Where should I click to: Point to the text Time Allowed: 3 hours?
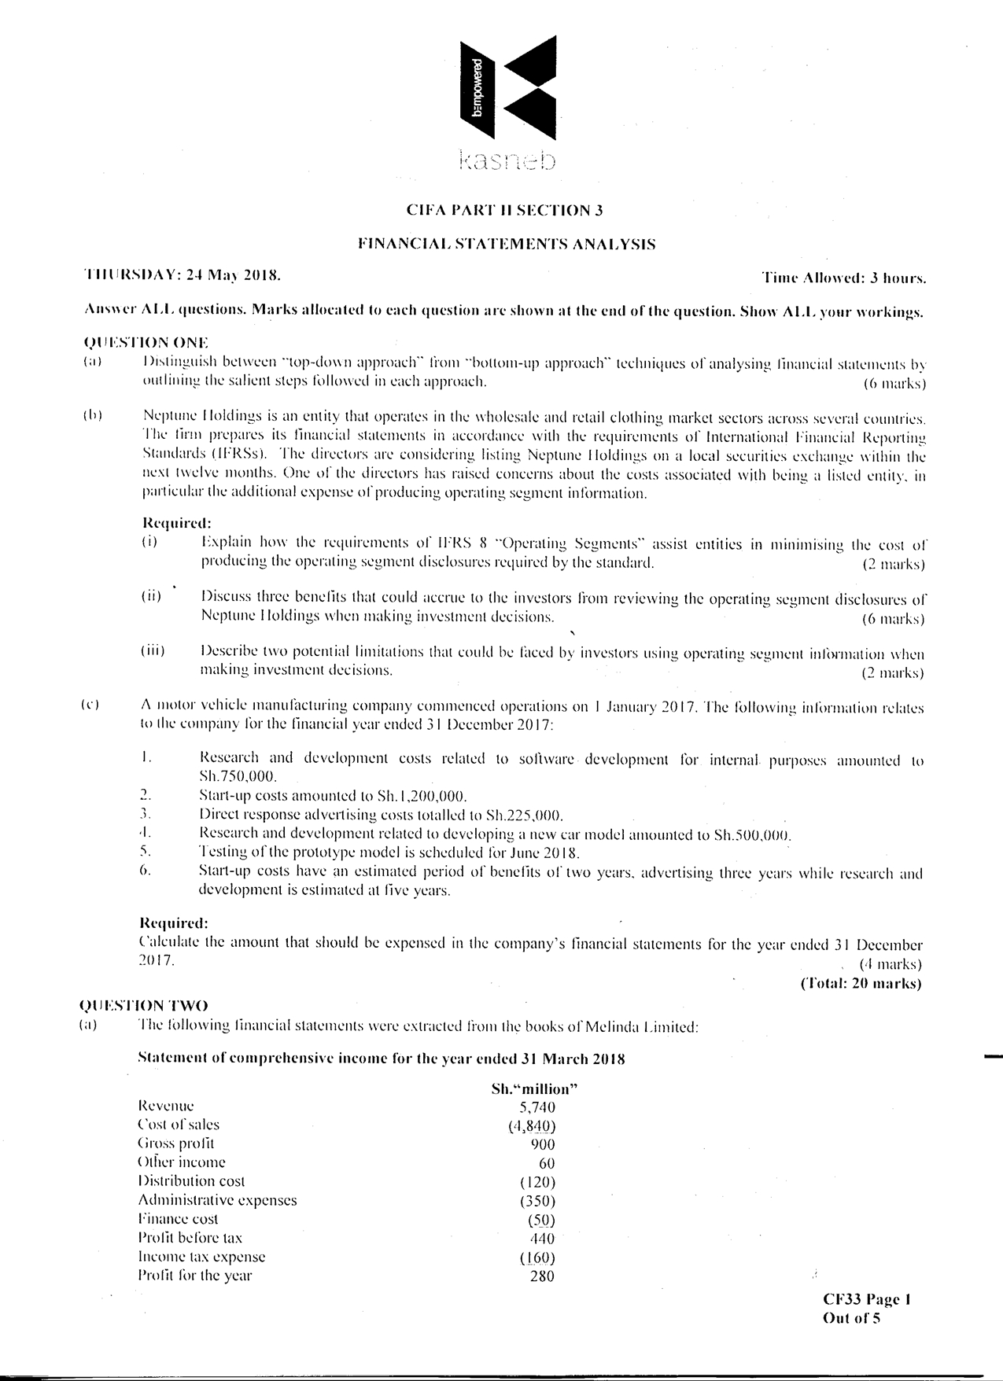click(844, 278)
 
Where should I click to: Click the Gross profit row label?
click(175, 1143)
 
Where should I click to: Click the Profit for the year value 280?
click(542, 1276)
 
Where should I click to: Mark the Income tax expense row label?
click(201, 1257)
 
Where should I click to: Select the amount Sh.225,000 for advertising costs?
click(525, 814)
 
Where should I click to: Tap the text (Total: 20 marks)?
click(861, 983)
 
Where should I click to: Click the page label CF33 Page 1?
click(866, 1300)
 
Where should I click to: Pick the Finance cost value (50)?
click(541, 1220)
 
